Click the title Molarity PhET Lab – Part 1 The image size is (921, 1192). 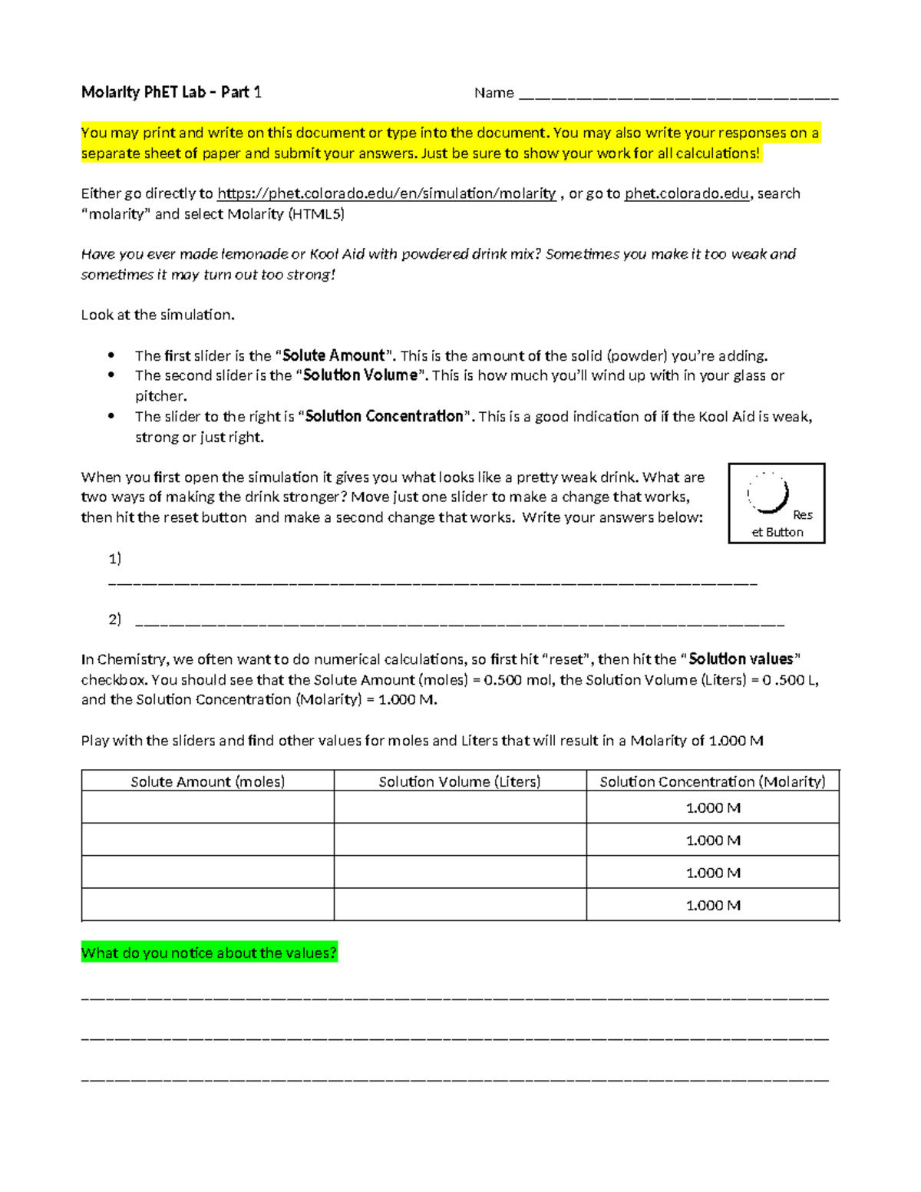coord(171,93)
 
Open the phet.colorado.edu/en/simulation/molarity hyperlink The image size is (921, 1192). coord(387,193)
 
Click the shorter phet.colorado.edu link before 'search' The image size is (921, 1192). coord(687,193)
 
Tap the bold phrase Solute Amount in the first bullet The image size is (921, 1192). coord(333,355)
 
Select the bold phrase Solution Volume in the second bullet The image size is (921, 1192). coord(360,375)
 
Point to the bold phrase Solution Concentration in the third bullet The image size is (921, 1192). coord(385,416)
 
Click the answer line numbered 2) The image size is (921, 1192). coord(459,622)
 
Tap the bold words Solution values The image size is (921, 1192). coord(741,659)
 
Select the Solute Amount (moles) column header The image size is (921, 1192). coord(207,781)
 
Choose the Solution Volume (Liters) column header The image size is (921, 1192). coord(460,781)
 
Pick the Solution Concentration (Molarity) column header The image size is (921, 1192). coord(712,781)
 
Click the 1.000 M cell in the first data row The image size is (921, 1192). coord(712,807)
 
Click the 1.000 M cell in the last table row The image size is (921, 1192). coord(712,905)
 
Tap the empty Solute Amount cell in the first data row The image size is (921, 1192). coord(207,807)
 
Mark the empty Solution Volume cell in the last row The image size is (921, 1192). coord(460,905)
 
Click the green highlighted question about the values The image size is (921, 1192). coord(209,953)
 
